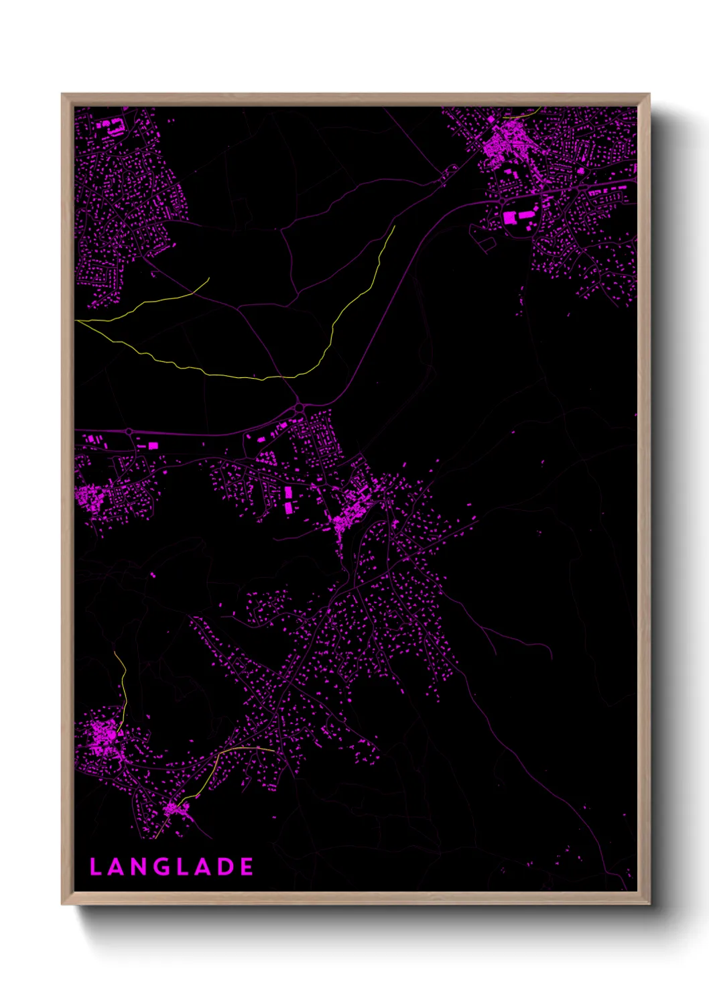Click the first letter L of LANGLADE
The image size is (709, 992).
point(96,867)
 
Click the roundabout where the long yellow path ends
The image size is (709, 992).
point(298,407)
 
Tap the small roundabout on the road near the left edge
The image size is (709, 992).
point(128,432)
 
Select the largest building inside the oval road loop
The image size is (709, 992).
point(511,217)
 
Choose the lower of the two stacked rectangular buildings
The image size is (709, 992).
point(289,507)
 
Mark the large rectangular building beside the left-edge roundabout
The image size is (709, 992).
point(153,445)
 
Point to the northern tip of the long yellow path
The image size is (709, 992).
point(394,227)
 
